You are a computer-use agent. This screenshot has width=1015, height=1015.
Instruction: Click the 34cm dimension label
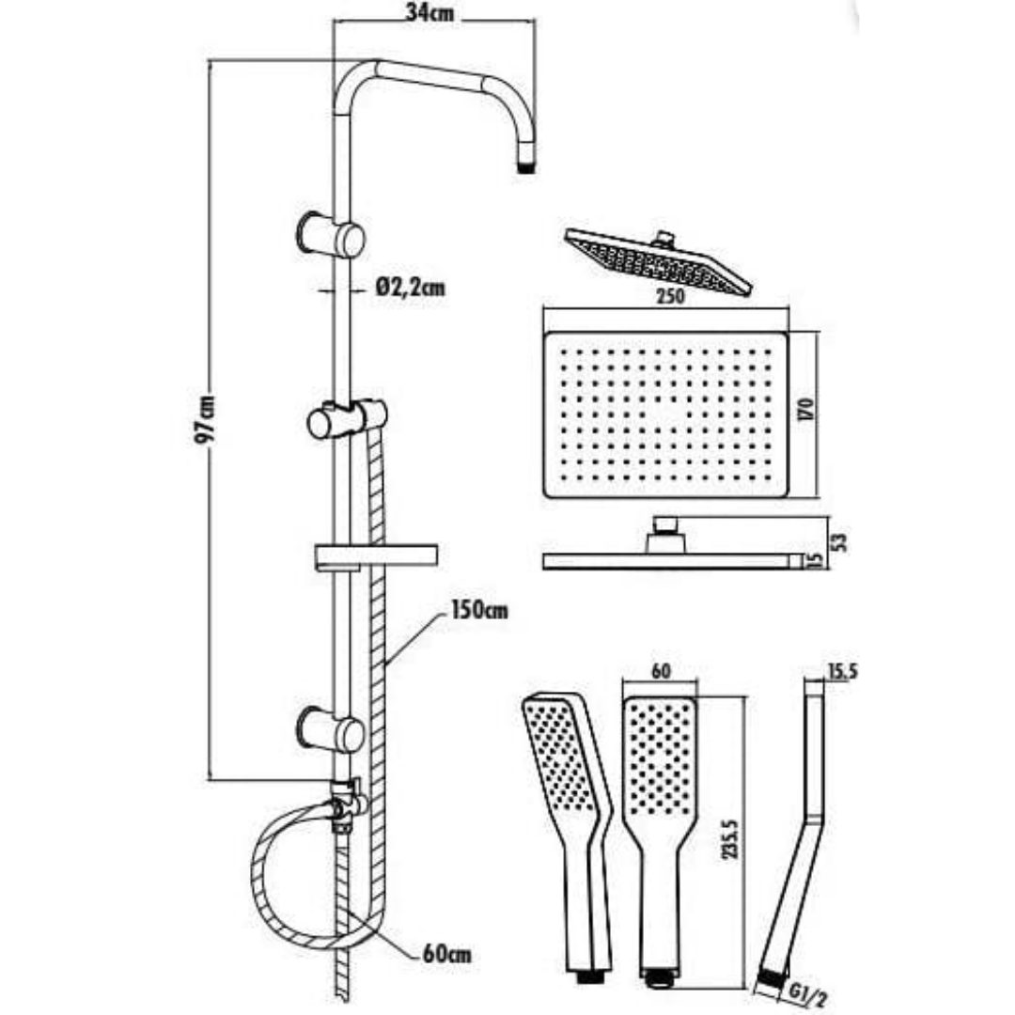(429, 13)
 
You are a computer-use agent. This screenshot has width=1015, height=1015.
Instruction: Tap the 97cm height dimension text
(206, 419)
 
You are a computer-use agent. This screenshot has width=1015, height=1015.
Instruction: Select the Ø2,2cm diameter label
(411, 287)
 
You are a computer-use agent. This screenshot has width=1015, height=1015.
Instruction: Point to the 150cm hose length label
(479, 610)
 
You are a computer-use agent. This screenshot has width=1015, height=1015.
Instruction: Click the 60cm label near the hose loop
(446, 954)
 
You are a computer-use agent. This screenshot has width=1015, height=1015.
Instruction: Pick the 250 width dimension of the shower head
(671, 296)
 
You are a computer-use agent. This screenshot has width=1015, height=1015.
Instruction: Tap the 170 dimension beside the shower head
(806, 411)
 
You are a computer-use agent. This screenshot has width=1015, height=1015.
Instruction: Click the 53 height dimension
(839, 542)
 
